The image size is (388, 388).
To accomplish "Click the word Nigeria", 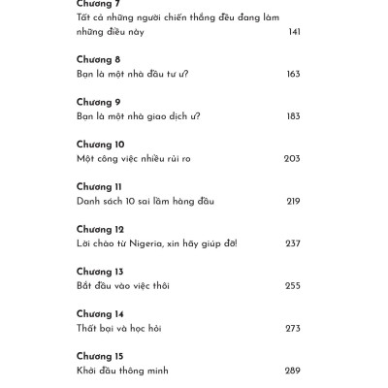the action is coord(142,242).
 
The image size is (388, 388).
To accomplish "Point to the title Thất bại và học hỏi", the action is coord(118,328).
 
